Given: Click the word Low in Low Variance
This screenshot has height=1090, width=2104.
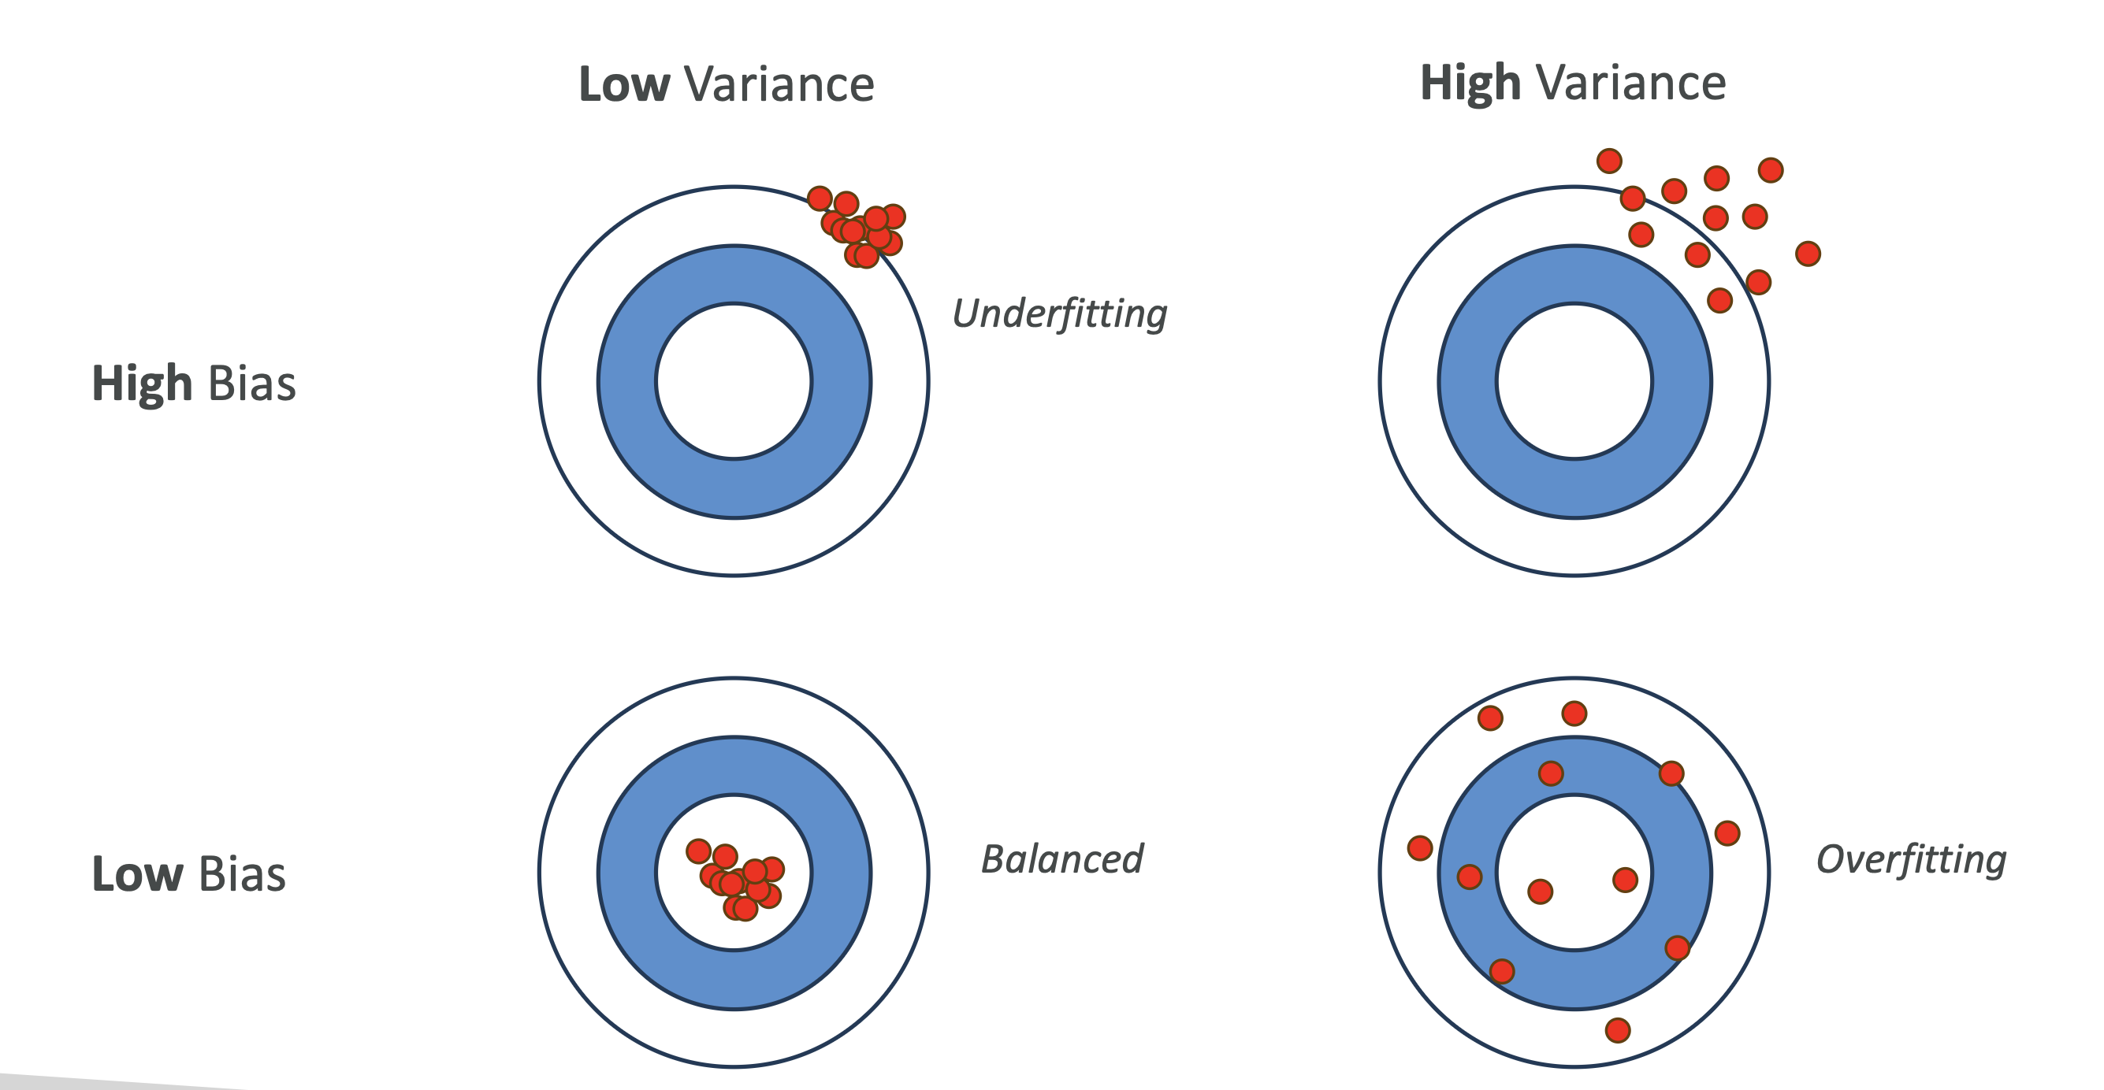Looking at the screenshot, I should [624, 84].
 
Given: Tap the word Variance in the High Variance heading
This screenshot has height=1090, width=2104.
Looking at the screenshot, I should [1630, 83].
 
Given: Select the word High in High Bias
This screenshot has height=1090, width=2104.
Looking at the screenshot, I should [141, 383].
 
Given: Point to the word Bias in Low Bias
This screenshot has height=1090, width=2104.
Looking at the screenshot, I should [242, 873].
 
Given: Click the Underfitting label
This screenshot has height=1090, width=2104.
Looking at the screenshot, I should [1059, 313].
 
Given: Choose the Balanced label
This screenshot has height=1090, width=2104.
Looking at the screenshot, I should [1061, 859].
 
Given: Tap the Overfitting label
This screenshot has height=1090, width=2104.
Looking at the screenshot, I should [1911, 859].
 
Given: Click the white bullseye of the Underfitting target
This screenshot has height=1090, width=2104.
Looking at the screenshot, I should [734, 381].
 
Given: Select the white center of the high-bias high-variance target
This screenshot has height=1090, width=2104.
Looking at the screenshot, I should [1574, 381].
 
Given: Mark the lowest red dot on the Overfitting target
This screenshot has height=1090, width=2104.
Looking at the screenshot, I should [1617, 1030].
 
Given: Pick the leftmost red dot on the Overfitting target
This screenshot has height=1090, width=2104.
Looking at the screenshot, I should [1419, 848].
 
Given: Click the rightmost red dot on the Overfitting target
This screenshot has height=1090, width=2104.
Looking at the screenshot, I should [1727, 832].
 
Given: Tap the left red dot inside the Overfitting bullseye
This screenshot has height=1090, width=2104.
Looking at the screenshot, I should [1540, 892].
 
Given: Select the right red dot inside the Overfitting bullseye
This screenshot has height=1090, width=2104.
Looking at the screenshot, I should [1625, 880].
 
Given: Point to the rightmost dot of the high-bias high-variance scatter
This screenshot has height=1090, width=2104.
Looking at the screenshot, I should [1808, 254].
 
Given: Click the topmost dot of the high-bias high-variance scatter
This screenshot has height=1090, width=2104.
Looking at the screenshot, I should [1609, 161].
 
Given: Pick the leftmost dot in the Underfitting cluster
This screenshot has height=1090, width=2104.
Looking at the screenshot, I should [820, 198].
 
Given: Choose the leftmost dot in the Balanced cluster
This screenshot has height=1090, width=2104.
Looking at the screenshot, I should [698, 851].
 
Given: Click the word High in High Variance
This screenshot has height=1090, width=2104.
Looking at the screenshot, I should [1470, 83].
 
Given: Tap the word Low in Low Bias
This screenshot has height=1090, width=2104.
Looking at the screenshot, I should [137, 873].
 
